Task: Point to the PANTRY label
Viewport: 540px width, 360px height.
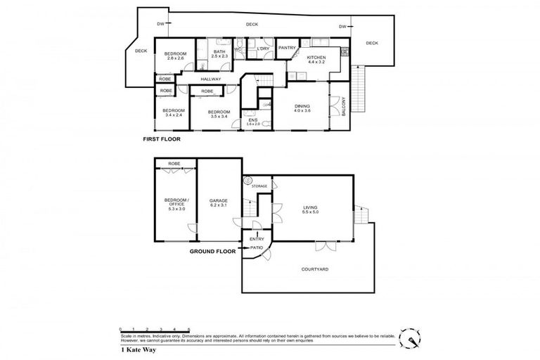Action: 286,48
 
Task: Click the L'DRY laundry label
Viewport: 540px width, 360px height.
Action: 263,49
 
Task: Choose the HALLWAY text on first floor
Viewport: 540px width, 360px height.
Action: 211,79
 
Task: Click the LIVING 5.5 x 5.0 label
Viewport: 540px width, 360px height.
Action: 310,210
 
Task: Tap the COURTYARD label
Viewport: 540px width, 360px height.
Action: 315,269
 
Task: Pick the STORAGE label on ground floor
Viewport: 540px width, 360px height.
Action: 259,186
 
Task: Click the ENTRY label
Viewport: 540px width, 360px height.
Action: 256,239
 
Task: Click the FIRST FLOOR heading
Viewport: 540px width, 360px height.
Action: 162,140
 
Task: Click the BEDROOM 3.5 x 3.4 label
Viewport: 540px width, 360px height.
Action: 219,114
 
